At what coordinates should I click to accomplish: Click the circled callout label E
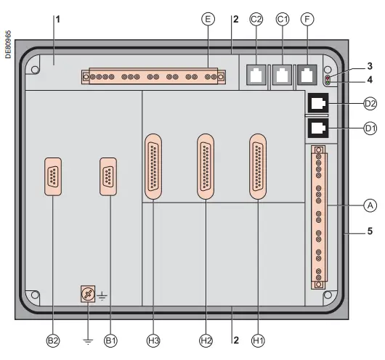pyautogui.click(x=208, y=20)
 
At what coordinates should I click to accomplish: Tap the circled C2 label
pyautogui.click(x=256, y=20)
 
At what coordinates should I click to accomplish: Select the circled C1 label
pyautogui.click(x=282, y=20)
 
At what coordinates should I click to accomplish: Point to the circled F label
pyautogui.click(x=307, y=20)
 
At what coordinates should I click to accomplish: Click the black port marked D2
pyautogui.click(x=317, y=104)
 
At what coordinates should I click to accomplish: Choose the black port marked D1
pyautogui.click(x=317, y=129)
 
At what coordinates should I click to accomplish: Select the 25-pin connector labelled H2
pyautogui.click(x=206, y=166)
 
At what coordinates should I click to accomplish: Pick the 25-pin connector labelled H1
pyautogui.click(x=258, y=166)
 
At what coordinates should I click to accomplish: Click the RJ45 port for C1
pyautogui.click(x=282, y=73)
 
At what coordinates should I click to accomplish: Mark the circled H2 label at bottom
pyautogui.click(x=206, y=339)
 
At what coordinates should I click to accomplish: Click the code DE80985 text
pyautogui.click(x=8, y=44)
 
